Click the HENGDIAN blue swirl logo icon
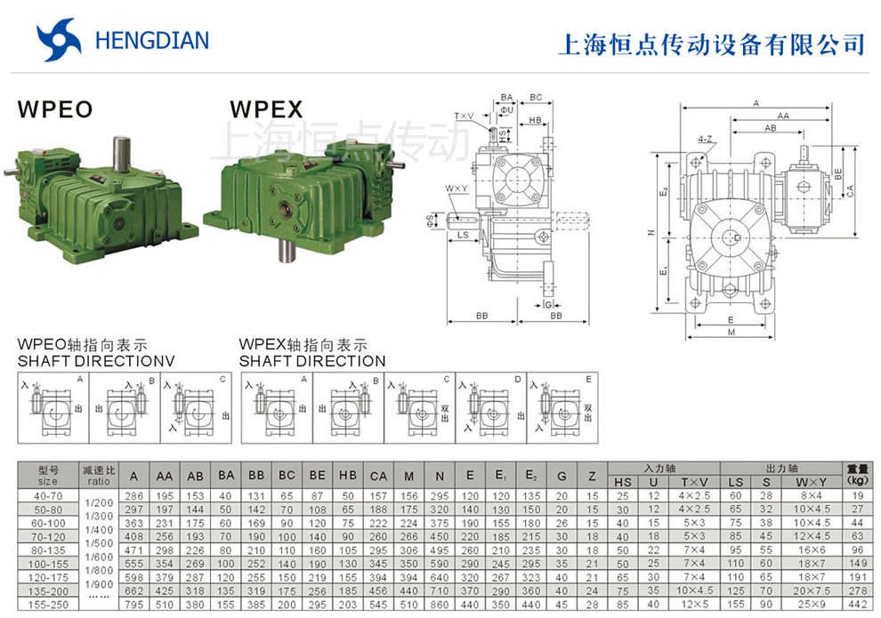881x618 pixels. pyautogui.click(x=59, y=41)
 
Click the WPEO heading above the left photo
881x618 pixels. pyautogui.click(x=54, y=110)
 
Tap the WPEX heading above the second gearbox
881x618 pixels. pyautogui.click(x=266, y=110)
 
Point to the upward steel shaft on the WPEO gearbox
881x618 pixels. pyautogui.click(x=122, y=155)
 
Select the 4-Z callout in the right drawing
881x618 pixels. pyautogui.click(x=706, y=140)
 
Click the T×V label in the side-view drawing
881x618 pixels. pyautogui.click(x=465, y=116)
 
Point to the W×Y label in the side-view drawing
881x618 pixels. pyautogui.click(x=457, y=189)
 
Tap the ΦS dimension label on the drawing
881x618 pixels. pyautogui.click(x=455, y=218)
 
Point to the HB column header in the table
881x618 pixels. pyautogui.click(x=348, y=476)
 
